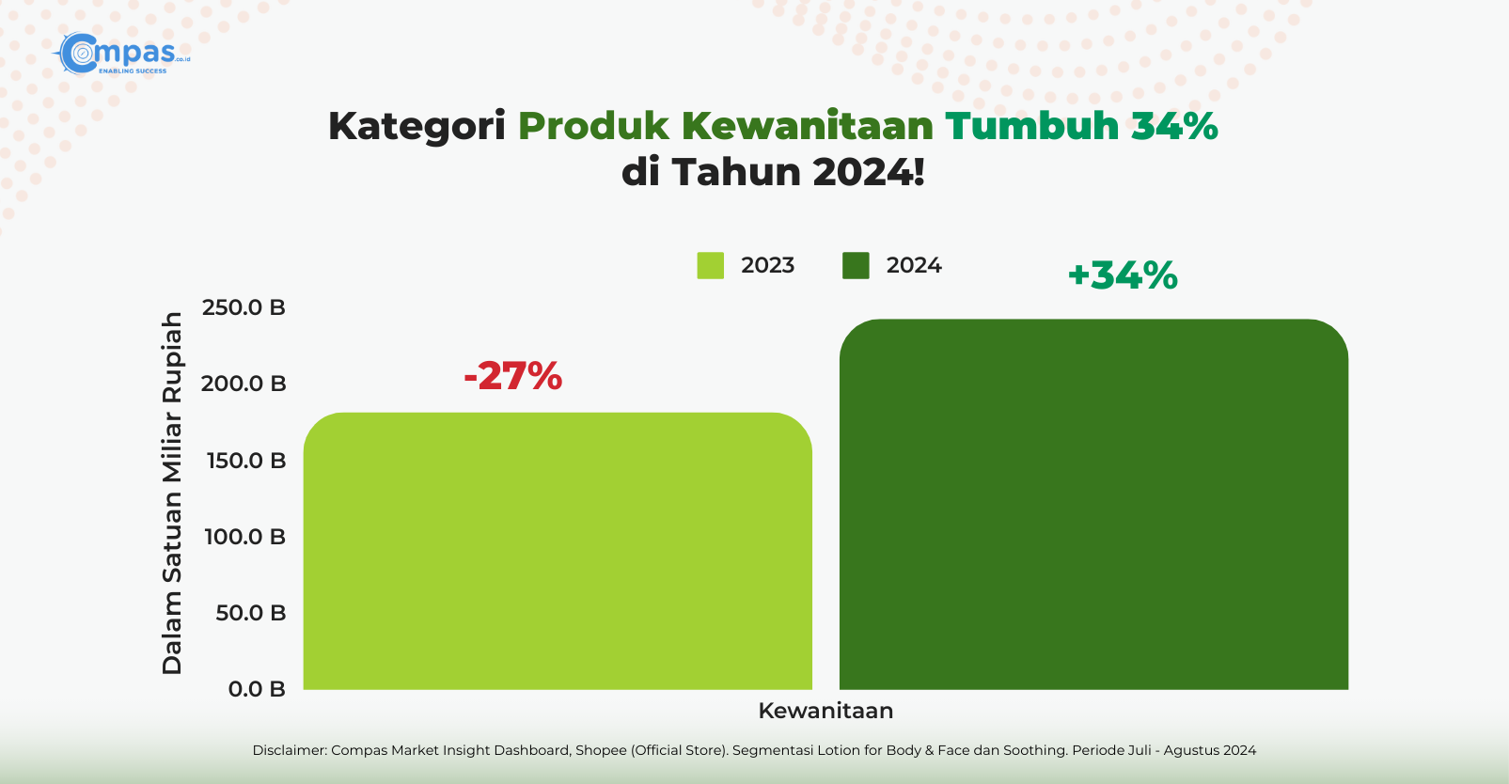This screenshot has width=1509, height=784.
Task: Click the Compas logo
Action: [x=122, y=54]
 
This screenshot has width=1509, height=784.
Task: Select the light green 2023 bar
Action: [x=558, y=551]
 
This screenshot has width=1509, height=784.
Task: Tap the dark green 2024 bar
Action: [x=1093, y=505]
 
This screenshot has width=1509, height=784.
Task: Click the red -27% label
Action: [x=512, y=376]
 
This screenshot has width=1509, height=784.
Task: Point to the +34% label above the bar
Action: [x=1123, y=275]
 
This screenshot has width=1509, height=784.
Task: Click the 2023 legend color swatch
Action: [x=710, y=265]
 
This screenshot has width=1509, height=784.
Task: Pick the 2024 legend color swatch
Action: [x=856, y=265]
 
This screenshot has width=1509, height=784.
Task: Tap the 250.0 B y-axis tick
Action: [x=244, y=307]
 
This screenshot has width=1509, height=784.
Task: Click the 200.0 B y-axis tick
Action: [x=244, y=384]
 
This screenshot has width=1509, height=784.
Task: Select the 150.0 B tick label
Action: [x=246, y=460]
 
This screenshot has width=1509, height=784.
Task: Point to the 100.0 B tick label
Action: [x=245, y=536]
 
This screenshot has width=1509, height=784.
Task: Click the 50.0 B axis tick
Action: [x=251, y=612]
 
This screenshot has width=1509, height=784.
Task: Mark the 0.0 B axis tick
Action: [x=257, y=689]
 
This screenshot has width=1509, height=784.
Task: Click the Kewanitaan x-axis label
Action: [x=825, y=711]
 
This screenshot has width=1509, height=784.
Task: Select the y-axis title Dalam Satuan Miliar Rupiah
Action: [x=172, y=493]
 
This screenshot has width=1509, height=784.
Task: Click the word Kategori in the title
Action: [x=417, y=127]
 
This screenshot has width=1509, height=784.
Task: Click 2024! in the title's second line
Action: [x=869, y=172]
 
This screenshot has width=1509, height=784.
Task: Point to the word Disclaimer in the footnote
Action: [x=289, y=750]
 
